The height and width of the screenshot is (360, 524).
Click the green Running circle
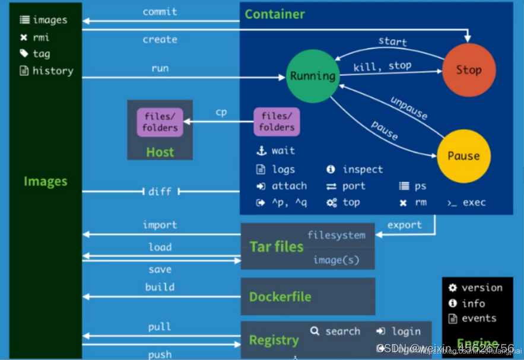312,76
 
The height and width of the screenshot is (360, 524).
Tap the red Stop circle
468,70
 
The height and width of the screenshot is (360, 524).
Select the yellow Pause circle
463,156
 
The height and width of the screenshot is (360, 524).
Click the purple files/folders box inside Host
160,122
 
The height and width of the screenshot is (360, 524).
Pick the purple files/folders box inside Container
277,122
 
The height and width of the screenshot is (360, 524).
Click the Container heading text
275,14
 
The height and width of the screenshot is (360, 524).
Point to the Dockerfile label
280,297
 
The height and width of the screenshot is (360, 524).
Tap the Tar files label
277,246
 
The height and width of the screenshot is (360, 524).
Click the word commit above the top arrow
160,11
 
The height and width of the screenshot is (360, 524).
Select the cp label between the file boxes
221,112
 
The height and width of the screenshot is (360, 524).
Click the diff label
160,192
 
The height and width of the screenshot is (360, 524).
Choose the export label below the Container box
405,225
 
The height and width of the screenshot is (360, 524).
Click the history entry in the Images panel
53,71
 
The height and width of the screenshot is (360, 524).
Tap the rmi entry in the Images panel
41,37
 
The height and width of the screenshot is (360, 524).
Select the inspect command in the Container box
363,170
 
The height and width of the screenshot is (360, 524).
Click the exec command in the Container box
474,202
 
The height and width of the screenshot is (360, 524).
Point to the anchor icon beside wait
261,151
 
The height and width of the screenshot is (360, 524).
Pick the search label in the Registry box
342,332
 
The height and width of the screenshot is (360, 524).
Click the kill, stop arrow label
382,66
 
